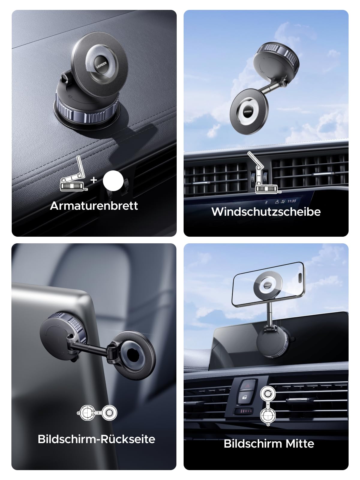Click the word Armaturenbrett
coord(94,206)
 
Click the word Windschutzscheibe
coord(266,212)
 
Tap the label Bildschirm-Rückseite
coord(96,439)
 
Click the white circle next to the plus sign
coord(113,181)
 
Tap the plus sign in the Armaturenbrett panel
coord(94,180)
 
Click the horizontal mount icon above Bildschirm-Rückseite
coord(97,413)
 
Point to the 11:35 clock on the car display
coord(292,201)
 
